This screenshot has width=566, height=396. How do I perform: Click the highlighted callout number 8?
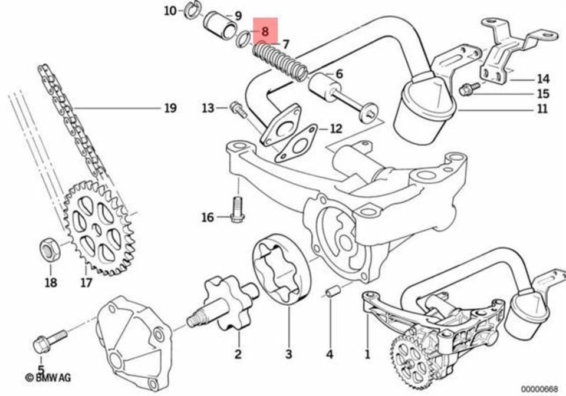[x=265, y=32]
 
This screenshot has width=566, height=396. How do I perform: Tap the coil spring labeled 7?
[x=281, y=62]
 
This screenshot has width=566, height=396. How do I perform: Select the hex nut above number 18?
[x=48, y=250]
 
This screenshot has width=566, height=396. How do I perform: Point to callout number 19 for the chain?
[x=169, y=108]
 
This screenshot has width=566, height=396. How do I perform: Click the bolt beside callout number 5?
[x=51, y=339]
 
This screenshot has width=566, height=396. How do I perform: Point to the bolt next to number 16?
[x=237, y=210]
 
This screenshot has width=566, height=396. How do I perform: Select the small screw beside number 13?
[x=237, y=109]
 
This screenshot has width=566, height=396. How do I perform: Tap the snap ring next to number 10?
[x=193, y=9]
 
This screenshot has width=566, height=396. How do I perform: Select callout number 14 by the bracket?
[x=542, y=78]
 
